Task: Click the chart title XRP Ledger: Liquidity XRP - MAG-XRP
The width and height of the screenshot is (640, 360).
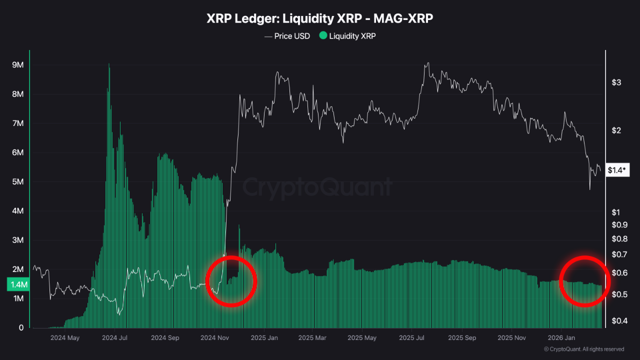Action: pyautogui.click(x=320, y=18)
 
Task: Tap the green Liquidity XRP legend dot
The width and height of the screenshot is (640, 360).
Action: pyautogui.click(x=323, y=36)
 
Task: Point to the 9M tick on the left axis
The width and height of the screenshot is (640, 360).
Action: pyautogui.click(x=18, y=65)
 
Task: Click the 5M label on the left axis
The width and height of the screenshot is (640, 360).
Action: pyautogui.click(x=18, y=182)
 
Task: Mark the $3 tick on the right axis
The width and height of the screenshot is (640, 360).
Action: pyautogui.click(x=616, y=82)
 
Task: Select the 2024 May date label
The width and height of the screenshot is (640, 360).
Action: pyautogui.click(x=65, y=338)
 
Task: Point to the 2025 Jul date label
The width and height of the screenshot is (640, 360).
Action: pyautogui.click(x=413, y=338)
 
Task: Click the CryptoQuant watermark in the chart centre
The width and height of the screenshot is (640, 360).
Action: pyautogui.click(x=317, y=187)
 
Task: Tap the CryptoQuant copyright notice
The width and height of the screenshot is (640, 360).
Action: pyautogui.click(x=583, y=349)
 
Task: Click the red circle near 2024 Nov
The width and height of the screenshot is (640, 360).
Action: pyautogui.click(x=232, y=280)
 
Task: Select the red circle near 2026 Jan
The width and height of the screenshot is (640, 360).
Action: pyautogui.click(x=584, y=280)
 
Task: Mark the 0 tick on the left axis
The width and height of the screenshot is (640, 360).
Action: pyautogui.click(x=21, y=327)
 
